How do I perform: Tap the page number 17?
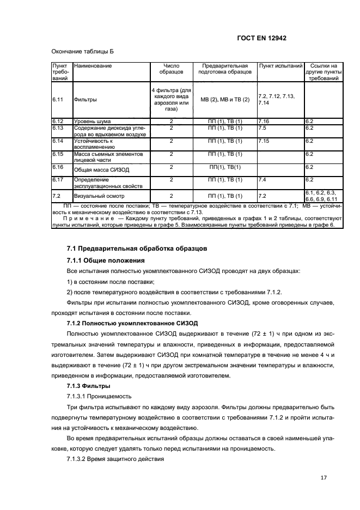(324, 478)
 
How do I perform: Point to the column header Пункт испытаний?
(280, 66)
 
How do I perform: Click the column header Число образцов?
(171, 69)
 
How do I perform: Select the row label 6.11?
(58, 100)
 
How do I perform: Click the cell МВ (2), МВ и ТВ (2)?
(225, 100)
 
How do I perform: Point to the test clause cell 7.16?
(264, 120)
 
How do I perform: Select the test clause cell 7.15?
(264, 141)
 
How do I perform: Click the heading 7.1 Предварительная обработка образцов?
(136, 248)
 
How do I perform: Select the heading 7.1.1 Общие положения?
(105, 260)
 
